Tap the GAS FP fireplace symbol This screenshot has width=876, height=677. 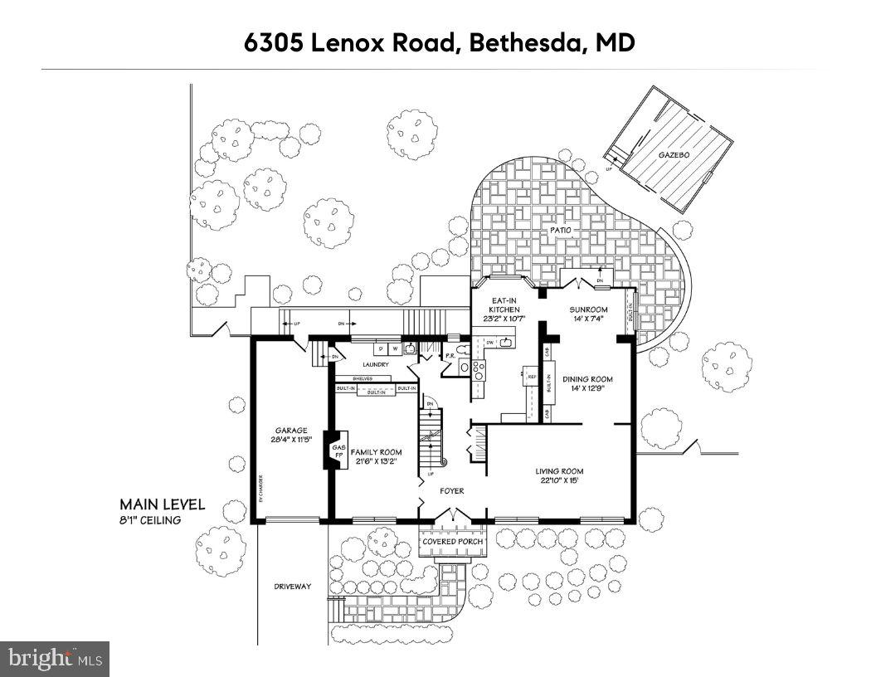tap(338, 451)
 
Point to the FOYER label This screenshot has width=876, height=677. tap(451, 491)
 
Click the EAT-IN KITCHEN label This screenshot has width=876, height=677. tap(503, 304)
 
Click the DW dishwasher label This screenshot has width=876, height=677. tap(491, 342)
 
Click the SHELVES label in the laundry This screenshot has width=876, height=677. tap(348, 378)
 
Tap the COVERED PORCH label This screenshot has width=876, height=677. tap(452, 542)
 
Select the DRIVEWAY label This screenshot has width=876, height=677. tap(292, 587)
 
